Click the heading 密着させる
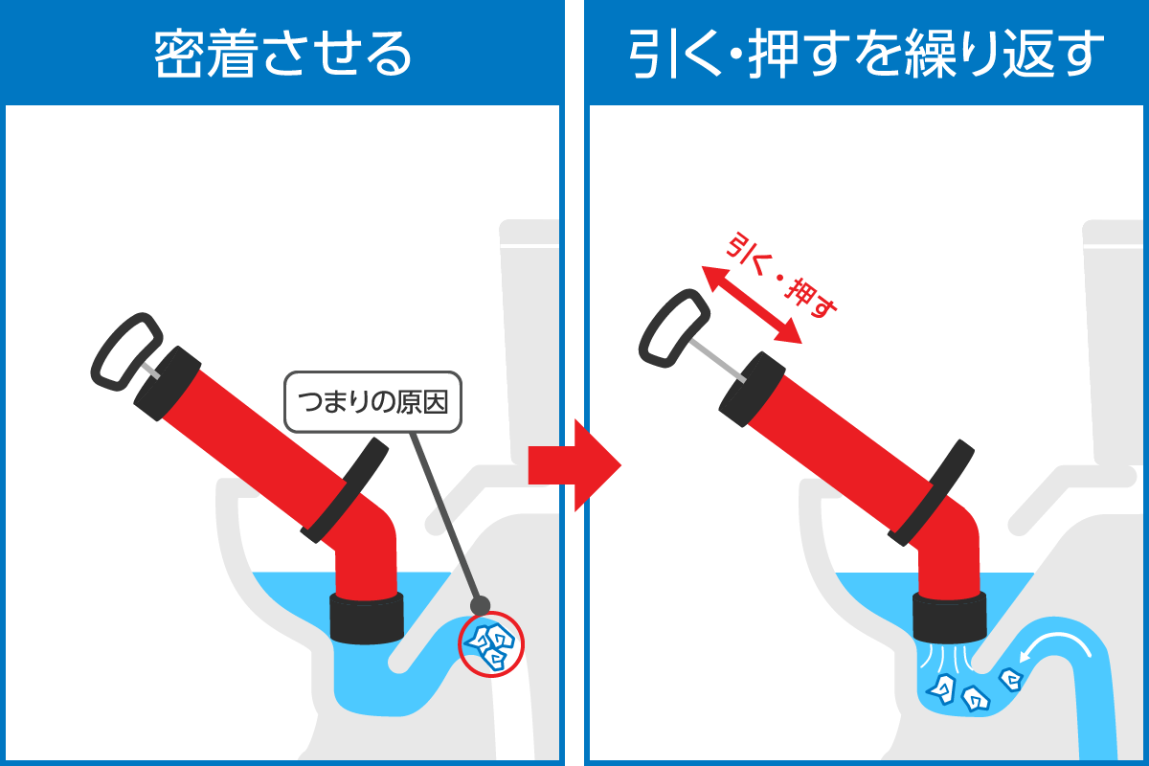282,54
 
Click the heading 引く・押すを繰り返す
866,54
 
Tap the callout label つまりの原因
372,402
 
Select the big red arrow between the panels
574,465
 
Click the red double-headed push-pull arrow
751,304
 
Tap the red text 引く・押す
781,276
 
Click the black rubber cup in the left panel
366,618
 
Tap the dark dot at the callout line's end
480,606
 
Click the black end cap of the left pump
168,383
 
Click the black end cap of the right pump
752,389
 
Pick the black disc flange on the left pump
345,490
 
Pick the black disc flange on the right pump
931,492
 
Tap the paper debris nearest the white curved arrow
1010,680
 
